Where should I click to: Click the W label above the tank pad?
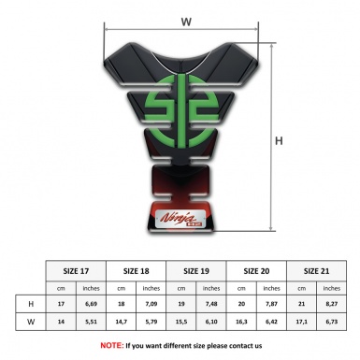pyautogui.click(x=186, y=20)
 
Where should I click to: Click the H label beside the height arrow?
pyautogui.click(x=278, y=141)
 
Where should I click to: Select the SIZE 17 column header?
pyautogui.click(x=78, y=270)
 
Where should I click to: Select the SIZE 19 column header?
pyautogui.click(x=197, y=270)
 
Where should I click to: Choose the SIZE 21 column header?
pyautogui.click(x=316, y=270)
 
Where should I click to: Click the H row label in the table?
pyautogui.click(x=31, y=304)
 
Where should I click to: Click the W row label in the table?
pyautogui.click(x=31, y=321)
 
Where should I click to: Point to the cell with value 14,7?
pyautogui.click(x=122, y=321)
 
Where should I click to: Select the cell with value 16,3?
pyautogui.click(x=241, y=321)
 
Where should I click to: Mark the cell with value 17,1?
pyautogui.click(x=300, y=321)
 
